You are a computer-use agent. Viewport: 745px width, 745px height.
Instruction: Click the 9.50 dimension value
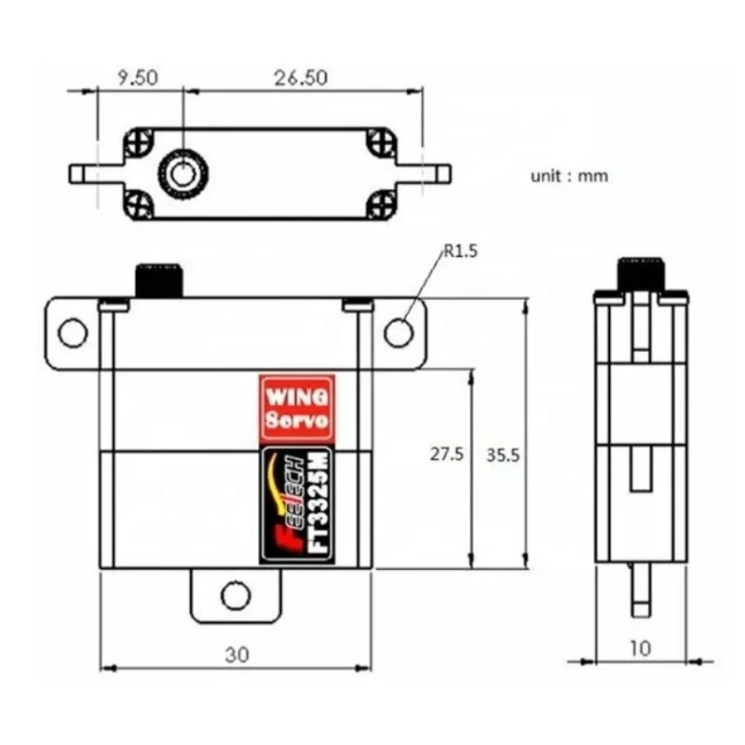pos(137,77)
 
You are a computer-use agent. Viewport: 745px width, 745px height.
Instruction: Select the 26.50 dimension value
pos(299,77)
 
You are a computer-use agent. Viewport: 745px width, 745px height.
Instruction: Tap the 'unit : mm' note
pos(569,175)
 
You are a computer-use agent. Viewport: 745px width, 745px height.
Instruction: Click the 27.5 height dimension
pos(446,454)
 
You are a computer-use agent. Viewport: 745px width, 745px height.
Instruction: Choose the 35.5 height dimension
pos(502,454)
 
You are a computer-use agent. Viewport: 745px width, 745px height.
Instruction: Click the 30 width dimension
pos(236,655)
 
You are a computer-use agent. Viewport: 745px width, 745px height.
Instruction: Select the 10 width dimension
pos(641,648)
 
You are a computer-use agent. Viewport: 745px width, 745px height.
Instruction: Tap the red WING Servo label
pos(296,408)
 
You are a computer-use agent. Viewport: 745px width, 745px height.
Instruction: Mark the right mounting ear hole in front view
pos(399,332)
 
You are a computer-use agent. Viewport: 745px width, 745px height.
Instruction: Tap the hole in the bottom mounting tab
pos(236,594)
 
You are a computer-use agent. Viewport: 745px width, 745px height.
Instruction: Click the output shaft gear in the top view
pos(183,173)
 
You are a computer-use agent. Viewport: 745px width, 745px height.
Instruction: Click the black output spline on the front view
pos(159,280)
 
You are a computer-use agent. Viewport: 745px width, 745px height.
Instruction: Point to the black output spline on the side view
pos(641,274)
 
